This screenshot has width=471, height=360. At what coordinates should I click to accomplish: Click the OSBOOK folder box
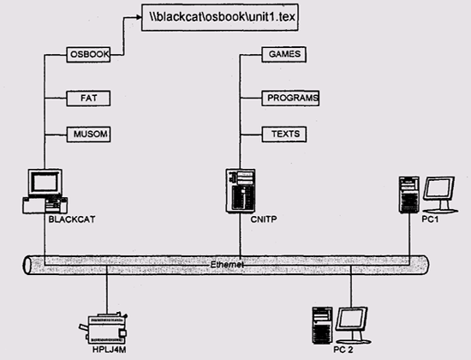tap(88, 55)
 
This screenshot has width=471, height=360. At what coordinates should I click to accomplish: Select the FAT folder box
tap(88, 99)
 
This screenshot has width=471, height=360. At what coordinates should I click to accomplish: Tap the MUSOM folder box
tap(88, 134)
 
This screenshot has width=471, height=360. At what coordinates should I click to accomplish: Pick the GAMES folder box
tap(283, 55)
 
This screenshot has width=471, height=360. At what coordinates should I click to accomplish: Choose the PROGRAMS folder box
tap(290, 98)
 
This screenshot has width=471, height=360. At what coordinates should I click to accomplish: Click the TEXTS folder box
tap(283, 134)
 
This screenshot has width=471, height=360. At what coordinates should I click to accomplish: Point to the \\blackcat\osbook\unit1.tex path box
tap(220, 17)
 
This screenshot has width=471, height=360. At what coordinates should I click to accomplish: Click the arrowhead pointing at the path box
tap(139, 17)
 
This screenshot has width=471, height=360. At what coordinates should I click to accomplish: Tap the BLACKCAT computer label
tap(72, 219)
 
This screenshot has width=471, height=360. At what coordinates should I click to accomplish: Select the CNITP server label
tap(264, 219)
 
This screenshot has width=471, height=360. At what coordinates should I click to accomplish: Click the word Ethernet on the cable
tap(227, 265)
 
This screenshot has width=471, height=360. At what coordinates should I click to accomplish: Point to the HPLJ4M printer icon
tap(104, 328)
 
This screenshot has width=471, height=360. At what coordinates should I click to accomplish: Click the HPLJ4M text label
tap(109, 350)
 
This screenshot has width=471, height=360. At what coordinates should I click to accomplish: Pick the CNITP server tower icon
tap(241, 191)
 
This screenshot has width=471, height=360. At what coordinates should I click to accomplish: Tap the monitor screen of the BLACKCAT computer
tap(45, 183)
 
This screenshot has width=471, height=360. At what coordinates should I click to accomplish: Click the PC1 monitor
tap(440, 194)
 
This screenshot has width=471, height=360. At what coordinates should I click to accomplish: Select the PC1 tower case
tap(408, 195)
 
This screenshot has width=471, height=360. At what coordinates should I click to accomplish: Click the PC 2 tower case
tap(322, 326)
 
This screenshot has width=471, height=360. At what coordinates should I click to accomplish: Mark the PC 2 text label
tap(343, 350)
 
